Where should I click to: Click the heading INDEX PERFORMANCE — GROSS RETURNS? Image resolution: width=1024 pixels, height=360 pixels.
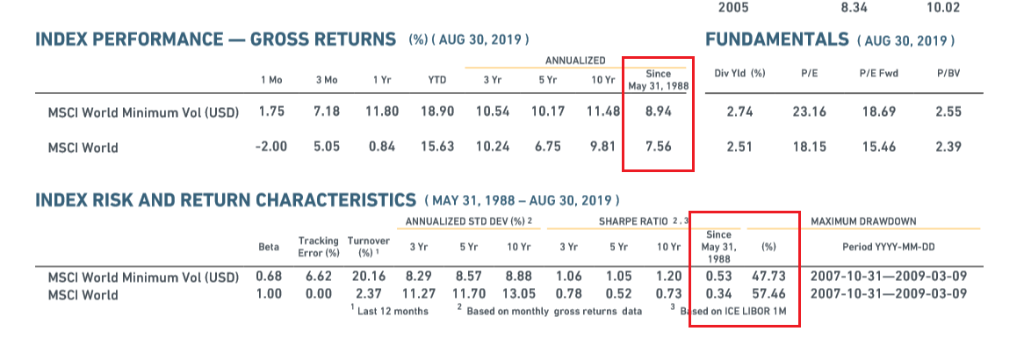215,40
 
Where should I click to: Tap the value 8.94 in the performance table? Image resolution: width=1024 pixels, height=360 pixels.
658,112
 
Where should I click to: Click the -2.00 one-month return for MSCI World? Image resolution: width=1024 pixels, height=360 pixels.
270,147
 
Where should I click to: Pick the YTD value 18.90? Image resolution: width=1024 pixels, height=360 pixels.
437,112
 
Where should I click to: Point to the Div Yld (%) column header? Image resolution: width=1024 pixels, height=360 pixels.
739,74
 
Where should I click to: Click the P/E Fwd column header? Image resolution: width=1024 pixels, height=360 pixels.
879,74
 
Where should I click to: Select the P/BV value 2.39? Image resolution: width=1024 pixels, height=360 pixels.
948,147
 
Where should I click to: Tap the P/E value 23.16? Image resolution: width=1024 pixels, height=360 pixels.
809,112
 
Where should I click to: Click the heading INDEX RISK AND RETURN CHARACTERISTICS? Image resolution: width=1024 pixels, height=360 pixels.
225,199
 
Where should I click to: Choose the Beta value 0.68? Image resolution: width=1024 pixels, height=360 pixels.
268,277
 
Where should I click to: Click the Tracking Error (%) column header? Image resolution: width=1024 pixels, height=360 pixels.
318,247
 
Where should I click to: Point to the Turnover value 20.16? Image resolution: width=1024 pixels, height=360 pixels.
368,277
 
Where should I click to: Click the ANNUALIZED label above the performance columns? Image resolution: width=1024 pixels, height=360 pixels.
575,60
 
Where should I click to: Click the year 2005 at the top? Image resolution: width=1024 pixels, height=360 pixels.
734,8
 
